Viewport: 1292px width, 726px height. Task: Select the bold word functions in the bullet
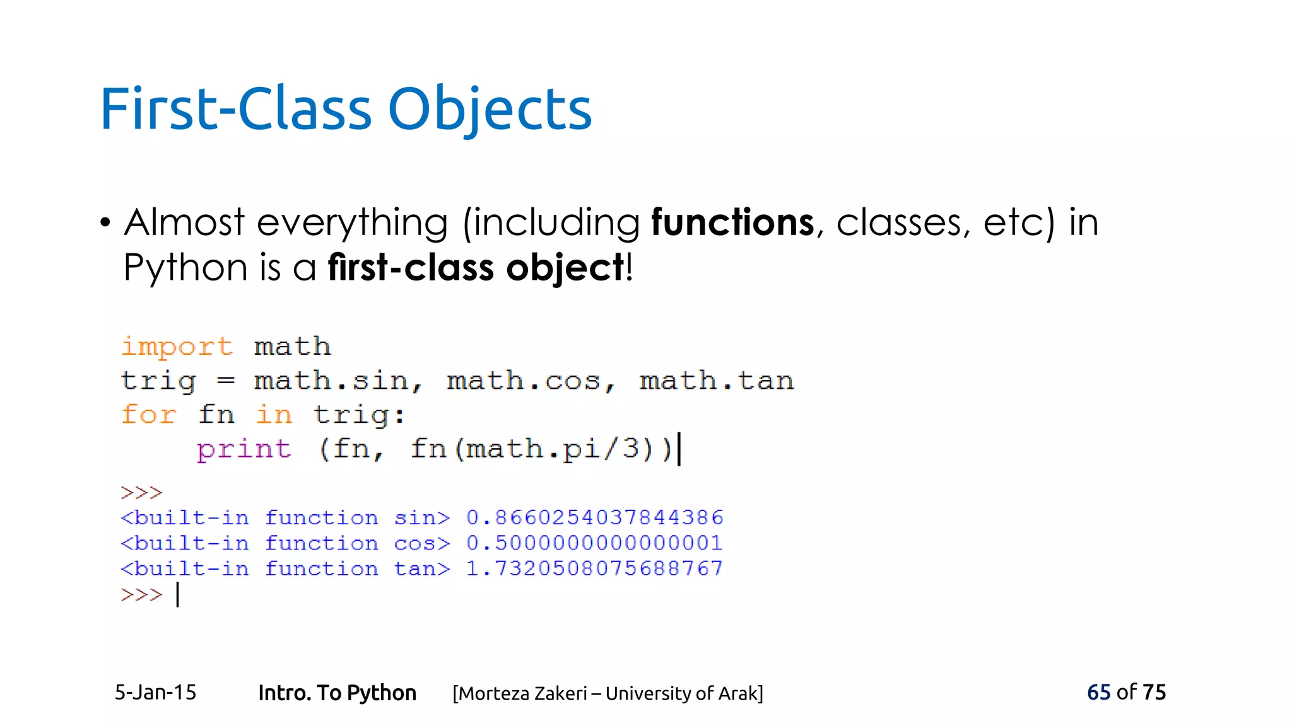click(x=732, y=222)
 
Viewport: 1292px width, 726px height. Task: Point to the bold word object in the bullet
click(x=565, y=268)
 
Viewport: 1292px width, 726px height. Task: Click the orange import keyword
click(x=177, y=347)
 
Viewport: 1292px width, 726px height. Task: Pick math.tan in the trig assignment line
click(x=716, y=381)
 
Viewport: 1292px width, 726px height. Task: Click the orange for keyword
click(x=149, y=415)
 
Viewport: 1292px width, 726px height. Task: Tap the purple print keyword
click(x=244, y=449)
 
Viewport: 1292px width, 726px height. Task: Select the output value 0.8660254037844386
click(x=594, y=517)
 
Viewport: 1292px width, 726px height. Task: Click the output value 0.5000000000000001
click(x=594, y=543)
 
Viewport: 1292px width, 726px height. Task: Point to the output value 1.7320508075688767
click(x=594, y=568)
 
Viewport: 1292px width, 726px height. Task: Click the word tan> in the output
click(x=421, y=568)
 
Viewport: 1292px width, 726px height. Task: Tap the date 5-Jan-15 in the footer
click(x=155, y=693)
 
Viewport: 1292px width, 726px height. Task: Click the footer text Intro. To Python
click(x=337, y=693)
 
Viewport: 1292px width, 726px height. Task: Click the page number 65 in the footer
click(x=1098, y=692)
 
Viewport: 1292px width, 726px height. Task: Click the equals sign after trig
click(x=226, y=381)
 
